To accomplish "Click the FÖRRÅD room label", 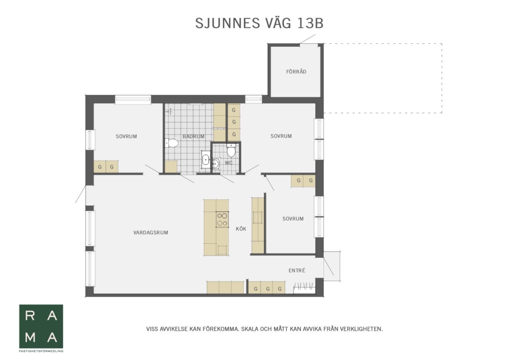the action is [296, 72].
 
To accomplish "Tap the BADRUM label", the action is [193, 136].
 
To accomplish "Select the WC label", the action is [228, 163].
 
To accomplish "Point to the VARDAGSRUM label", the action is [151, 233].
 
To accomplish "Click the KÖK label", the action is [241, 229].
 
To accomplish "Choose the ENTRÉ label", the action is [297, 270].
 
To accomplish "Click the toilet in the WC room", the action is [231, 150].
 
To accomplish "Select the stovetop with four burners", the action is [222, 219].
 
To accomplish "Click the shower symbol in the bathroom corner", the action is [169, 111].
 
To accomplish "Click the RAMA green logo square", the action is [41, 326].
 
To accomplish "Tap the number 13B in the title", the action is [310, 23].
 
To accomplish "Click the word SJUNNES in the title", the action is [227, 23].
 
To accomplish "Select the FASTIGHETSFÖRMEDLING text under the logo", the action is [41, 351].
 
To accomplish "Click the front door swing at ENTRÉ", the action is [328, 266].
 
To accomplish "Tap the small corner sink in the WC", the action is [216, 163].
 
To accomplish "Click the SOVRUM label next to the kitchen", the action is [293, 219].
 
